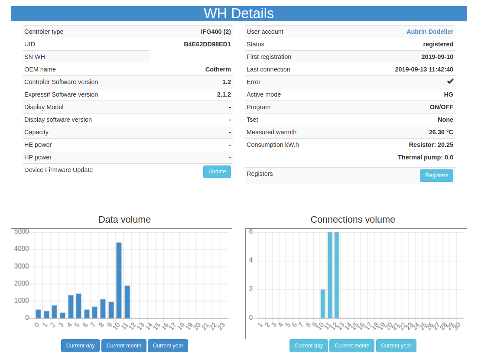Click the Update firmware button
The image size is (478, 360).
pyautogui.click(x=217, y=172)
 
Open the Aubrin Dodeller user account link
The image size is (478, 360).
pyautogui.click(x=430, y=32)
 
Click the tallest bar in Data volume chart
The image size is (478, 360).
pyautogui.click(x=119, y=280)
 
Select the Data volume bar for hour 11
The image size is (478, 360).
pyautogui.click(x=127, y=302)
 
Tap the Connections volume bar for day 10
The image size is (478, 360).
pyautogui.click(x=323, y=304)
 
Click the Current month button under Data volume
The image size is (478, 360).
pyautogui.click(x=124, y=346)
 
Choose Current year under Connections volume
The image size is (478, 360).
pyautogui.click(x=396, y=346)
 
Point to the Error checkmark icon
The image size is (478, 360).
pyautogui.click(x=450, y=81)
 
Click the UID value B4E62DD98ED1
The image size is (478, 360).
pyautogui.click(x=207, y=44)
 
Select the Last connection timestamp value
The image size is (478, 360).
pyautogui.click(x=424, y=69)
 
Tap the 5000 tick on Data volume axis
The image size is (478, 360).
pyautogui.click(x=21, y=232)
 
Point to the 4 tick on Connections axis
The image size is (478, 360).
pyautogui.click(x=251, y=260)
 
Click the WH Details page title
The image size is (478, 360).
pyautogui.click(x=239, y=13)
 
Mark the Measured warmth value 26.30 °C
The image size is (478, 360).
pyautogui.click(x=441, y=132)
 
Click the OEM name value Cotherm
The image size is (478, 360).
pyautogui.click(x=218, y=69)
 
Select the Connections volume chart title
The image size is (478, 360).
pyautogui.click(x=353, y=220)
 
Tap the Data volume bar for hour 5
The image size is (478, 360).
pyautogui.click(x=78, y=306)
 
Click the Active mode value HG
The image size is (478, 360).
pyautogui.click(x=449, y=94)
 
